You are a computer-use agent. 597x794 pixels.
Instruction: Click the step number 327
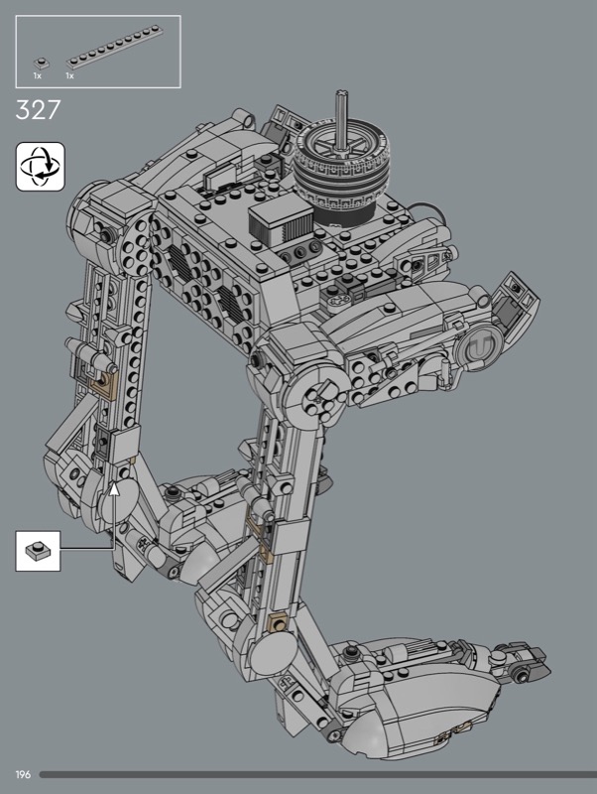pyautogui.click(x=38, y=110)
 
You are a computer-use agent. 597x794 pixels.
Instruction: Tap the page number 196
pyautogui.click(x=23, y=775)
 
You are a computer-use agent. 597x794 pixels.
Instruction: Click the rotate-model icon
pyautogui.click(x=41, y=167)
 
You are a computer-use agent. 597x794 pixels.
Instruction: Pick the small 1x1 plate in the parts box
pyautogui.click(x=42, y=64)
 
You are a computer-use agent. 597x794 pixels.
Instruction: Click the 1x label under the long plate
pyautogui.click(x=69, y=76)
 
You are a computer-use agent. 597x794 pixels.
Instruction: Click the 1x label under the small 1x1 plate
pyautogui.click(x=38, y=76)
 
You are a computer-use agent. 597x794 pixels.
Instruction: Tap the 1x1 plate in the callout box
pyautogui.click(x=38, y=551)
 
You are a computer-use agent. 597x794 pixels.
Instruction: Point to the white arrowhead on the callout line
pyautogui.click(x=115, y=488)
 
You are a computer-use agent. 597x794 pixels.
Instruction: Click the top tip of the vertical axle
pyautogui.click(x=340, y=92)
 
